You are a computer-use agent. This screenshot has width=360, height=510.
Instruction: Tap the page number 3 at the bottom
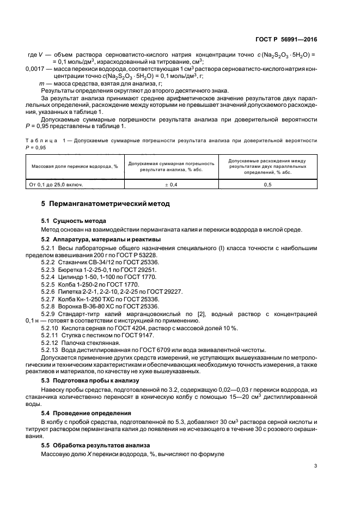point(316,465)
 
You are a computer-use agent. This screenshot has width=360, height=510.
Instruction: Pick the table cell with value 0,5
point(267,185)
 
